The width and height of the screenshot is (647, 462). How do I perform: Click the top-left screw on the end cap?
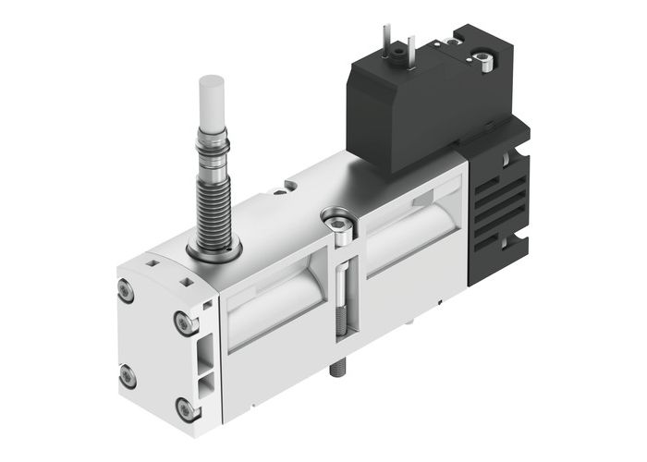coord(127,293)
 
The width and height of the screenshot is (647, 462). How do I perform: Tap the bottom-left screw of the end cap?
coord(128,376)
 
